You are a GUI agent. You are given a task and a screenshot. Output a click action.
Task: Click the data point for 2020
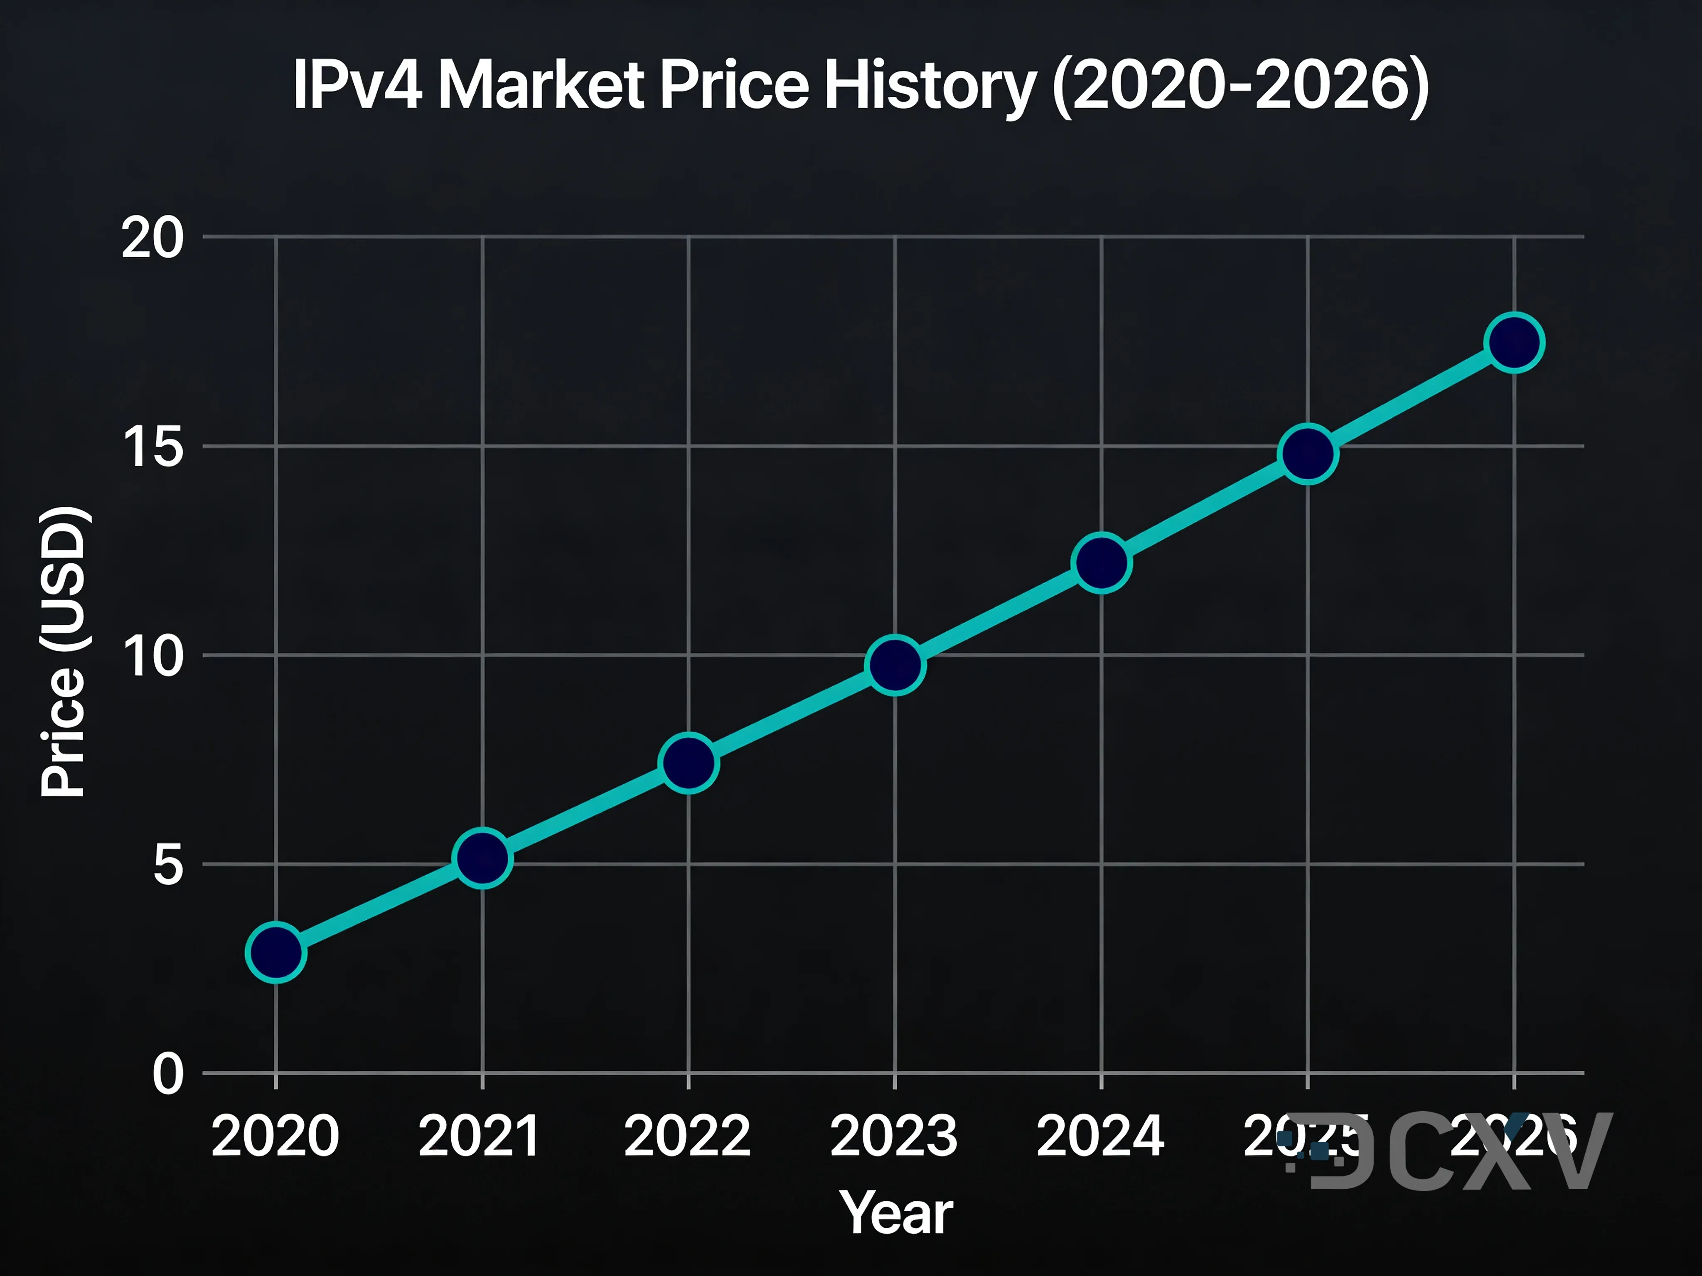[x=275, y=952]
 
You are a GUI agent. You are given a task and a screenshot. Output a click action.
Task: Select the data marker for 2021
[x=482, y=859]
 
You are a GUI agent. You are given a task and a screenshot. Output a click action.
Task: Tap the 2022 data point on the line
[x=689, y=762]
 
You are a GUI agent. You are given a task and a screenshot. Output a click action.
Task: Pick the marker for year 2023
[x=895, y=665]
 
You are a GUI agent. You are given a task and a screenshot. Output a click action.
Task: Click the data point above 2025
[x=1308, y=454]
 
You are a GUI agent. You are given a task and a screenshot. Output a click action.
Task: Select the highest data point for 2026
[x=1514, y=343]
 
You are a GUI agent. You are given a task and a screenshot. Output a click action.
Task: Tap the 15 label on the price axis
[x=152, y=447]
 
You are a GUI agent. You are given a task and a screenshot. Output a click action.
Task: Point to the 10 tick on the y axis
[x=152, y=656]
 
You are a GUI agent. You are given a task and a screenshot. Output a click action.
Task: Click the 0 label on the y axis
[x=168, y=1074]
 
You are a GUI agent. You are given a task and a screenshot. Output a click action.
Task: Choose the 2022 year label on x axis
[x=687, y=1136]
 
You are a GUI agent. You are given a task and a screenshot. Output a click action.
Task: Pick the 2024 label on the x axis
[x=1100, y=1136]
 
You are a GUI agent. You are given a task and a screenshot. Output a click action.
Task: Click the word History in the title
[x=930, y=86]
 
